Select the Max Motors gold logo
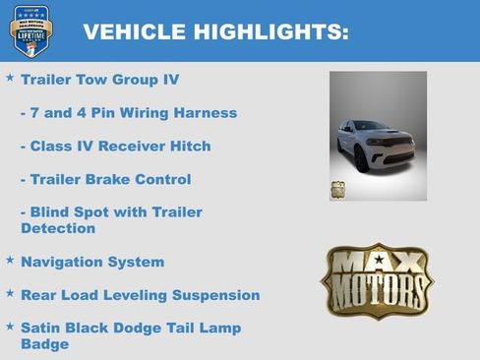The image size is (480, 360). coord(377,281)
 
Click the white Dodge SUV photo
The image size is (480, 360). coord(378,136)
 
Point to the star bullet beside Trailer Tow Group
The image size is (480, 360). coord(10,77)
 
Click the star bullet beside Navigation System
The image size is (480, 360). coord(10,261)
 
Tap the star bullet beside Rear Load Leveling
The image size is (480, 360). coord(10,293)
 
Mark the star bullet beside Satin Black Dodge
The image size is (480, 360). coord(10,326)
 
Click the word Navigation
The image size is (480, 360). coord(61,263)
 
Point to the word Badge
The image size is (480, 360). coord(44,344)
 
